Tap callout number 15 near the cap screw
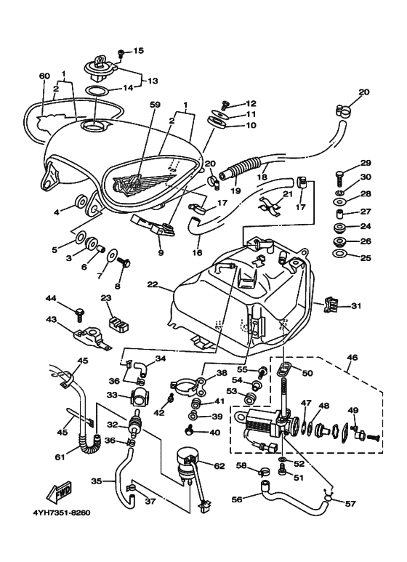point(138,51)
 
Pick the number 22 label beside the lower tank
point(153,286)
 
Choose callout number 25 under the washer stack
point(366,257)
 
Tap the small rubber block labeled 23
point(113,321)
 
